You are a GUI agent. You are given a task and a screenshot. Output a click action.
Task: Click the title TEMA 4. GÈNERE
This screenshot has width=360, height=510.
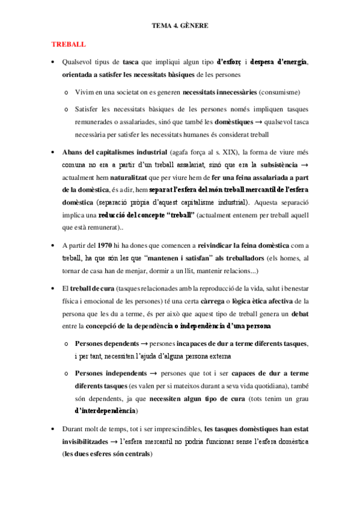180,26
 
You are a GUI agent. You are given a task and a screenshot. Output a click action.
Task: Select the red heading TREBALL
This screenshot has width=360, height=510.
69,45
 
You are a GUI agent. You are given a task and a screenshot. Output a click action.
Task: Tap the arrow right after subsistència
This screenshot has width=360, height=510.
304,165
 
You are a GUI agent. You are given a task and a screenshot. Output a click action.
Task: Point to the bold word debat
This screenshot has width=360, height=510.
301,313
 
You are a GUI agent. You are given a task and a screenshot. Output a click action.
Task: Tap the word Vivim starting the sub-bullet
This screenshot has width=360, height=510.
85,92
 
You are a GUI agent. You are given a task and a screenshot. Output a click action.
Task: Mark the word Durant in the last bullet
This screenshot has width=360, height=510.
74,429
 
